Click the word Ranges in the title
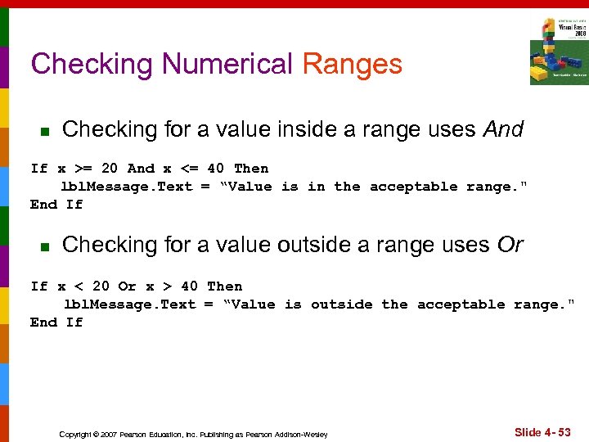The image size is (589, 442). (352, 64)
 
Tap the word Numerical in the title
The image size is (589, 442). (227, 64)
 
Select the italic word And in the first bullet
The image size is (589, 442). (503, 129)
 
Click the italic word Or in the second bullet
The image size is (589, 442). (510, 245)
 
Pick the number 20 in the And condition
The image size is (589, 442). (109, 169)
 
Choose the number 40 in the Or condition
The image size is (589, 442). (189, 286)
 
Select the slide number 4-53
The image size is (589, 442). (543, 431)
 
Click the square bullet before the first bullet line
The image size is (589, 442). (45, 131)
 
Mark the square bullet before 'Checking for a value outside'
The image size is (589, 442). (45, 246)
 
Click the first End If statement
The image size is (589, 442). (56, 205)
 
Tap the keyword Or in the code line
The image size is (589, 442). (127, 286)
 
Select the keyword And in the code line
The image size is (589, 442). (141, 169)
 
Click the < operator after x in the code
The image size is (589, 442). (79, 286)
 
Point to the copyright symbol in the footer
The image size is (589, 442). (95, 434)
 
